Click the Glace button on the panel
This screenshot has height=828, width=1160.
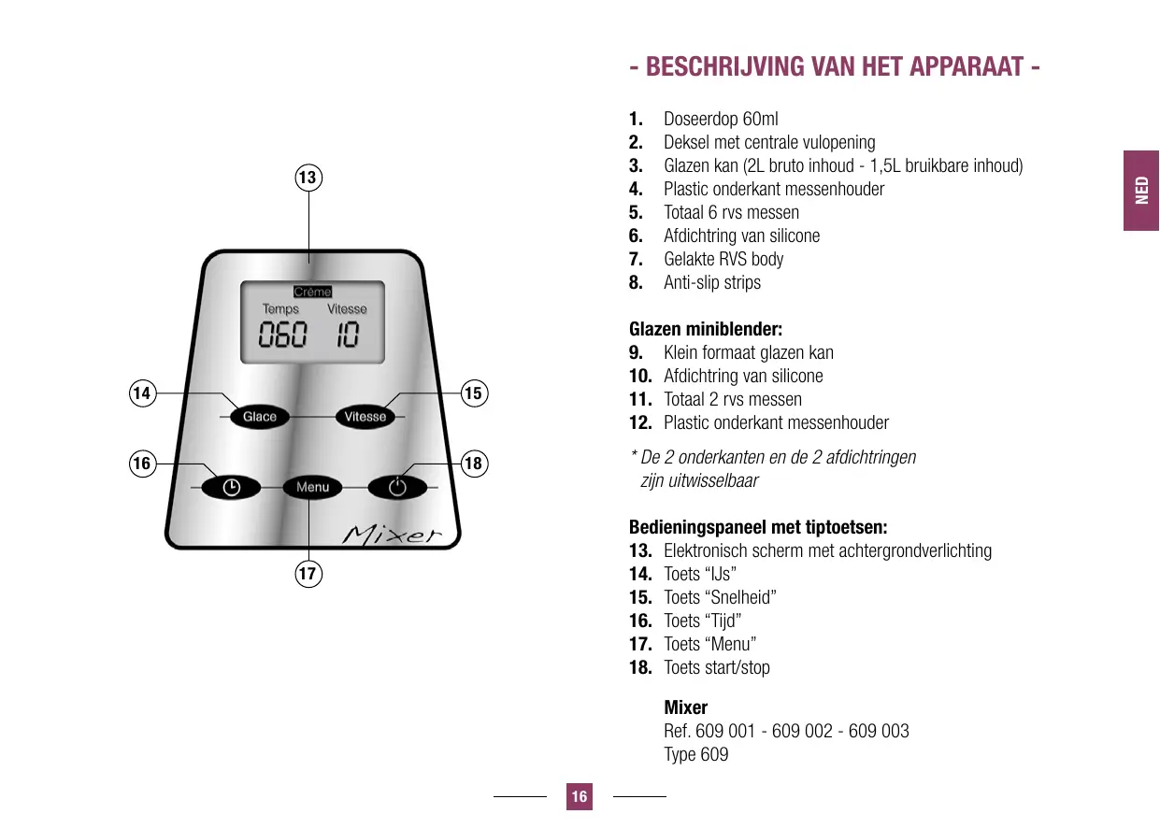pyautogui.click(x=260, y=417)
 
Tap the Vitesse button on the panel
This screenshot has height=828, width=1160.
pyautogui.click(x=365, y=417)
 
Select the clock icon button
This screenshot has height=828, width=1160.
pyautogui.click(x=231, y=487)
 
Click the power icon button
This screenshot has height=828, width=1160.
pyautogui.click(x=398, y=487)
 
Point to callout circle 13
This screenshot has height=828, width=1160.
pyautogui.click(x=308, y=177)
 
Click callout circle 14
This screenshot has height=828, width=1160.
pyautogui.click(x=142, y=393)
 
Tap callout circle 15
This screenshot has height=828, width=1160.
pyautogui.click(x=475, y=393)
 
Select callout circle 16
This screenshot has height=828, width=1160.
pyautogui.click(x=142, y=463)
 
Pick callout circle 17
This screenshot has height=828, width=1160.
pyautogui.click(x=308, y=573)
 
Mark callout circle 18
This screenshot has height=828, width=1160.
pyautogui.click(x=475, y=463)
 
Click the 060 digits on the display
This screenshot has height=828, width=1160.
pyautogui.click(x=282, y=335)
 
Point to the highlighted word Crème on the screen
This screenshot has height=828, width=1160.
pyautogui.click(x=312, y=292)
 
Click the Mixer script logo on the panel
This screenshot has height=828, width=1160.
pyautogui.click(x=392, y=535)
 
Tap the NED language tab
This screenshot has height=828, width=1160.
pyautogui.click(x=1141, y=191)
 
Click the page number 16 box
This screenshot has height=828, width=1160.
pyautogui.click(x=580, y=796)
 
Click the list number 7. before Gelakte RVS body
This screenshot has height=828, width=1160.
pyautogui.click(x=636, y=259)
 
